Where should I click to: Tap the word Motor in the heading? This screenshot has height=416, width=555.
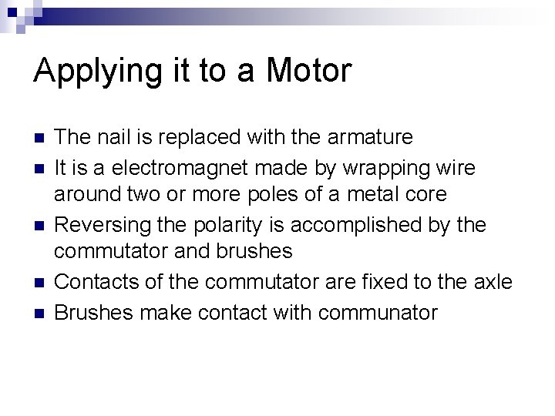[308, 71]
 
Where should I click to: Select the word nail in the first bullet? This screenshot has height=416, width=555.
[111, 138]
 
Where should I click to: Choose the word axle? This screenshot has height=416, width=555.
[493, 283]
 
